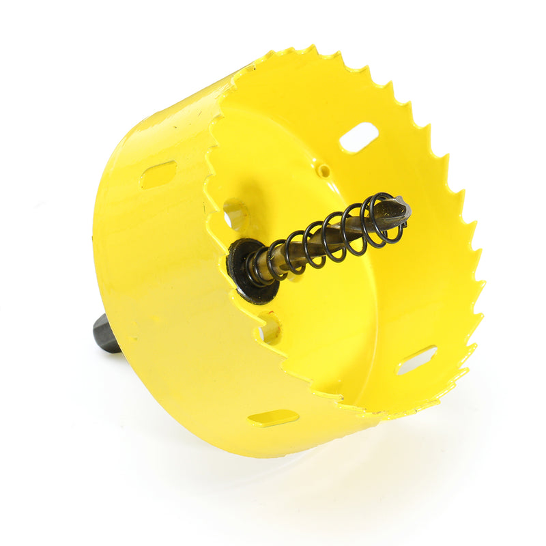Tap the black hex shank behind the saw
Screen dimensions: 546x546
coord(106,334)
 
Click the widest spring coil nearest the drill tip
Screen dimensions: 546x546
coord(383,218)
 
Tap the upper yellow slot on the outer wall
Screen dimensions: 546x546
coord(158,174)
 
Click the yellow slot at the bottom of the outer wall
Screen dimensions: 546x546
coord(273,418)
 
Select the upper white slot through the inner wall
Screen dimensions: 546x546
coord(359,137)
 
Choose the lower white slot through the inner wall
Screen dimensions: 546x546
coord(416,359)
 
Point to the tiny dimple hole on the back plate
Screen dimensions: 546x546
coord(325,170)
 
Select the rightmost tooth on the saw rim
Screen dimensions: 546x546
coord(482,283)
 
